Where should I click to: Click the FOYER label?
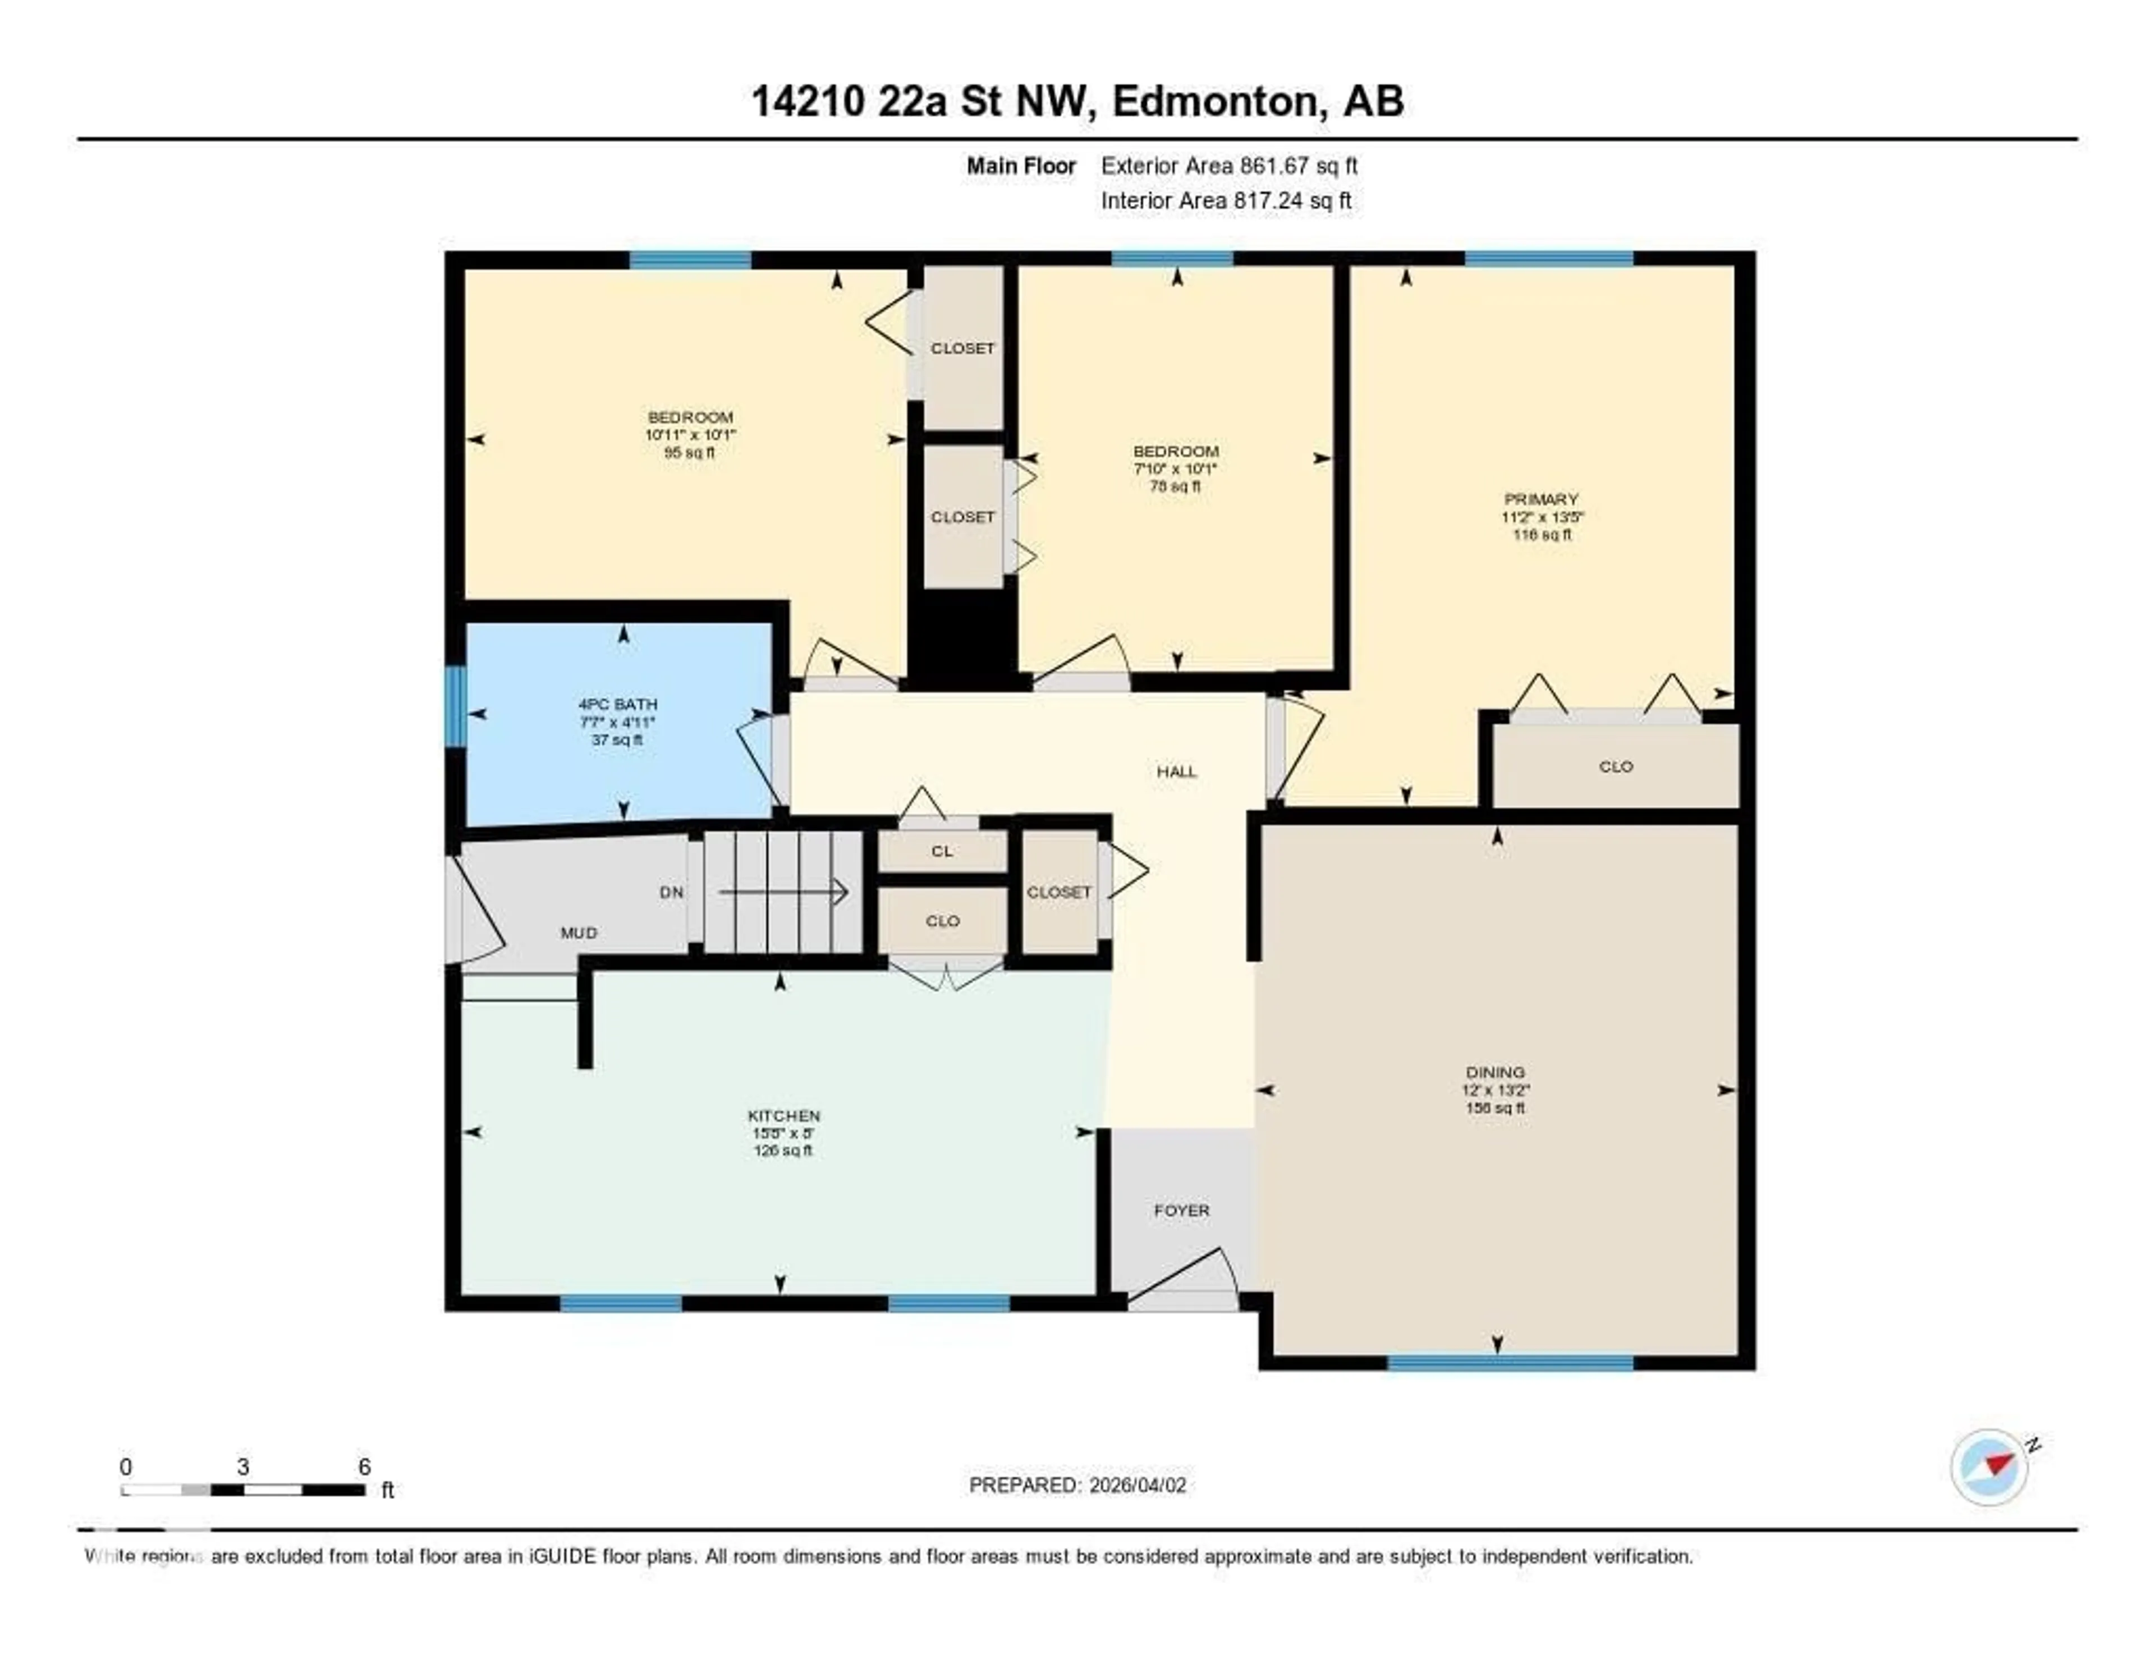pos(1181,1210)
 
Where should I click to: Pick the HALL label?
pos(1176,771)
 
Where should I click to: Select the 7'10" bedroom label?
pos(1175,468)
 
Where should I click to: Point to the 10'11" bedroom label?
pos(690,434)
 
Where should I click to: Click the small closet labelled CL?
pos(942,851)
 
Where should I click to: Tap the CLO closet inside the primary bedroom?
pos(1615,766)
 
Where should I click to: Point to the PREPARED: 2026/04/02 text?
pos(1077,1484)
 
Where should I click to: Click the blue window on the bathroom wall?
pos(455,706)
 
